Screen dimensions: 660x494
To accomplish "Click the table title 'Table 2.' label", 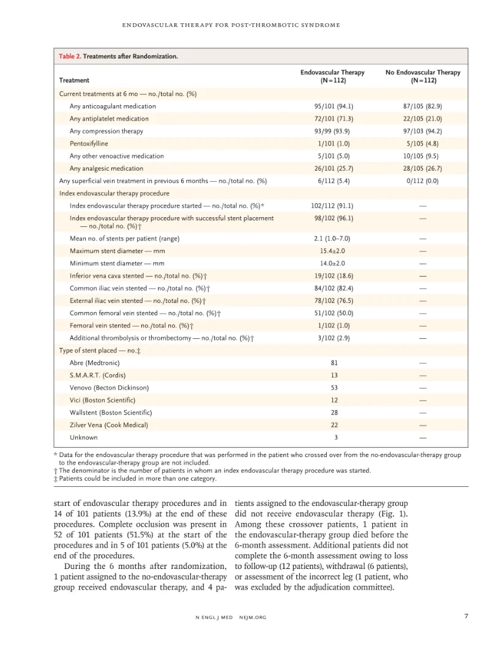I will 70,56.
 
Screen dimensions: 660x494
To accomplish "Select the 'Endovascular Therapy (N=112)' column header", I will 332,76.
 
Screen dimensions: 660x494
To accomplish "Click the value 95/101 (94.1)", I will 333,106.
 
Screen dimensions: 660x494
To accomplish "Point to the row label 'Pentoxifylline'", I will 89,144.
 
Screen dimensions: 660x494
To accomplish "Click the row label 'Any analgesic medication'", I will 107,168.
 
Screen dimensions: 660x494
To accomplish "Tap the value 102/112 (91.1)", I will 333,206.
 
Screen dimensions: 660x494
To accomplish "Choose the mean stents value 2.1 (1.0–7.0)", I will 332,239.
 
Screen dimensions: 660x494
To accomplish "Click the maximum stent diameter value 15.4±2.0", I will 332,251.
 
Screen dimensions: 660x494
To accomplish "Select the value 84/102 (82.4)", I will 333,288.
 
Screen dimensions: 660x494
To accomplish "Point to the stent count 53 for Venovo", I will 332,388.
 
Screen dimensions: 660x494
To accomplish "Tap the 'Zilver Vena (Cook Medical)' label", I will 108,425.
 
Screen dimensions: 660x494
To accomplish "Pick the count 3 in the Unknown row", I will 332,437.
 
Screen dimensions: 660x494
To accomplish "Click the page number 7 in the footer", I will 466,616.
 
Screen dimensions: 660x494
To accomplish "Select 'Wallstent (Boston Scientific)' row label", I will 111,413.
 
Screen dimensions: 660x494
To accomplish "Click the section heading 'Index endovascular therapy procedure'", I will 114,193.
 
